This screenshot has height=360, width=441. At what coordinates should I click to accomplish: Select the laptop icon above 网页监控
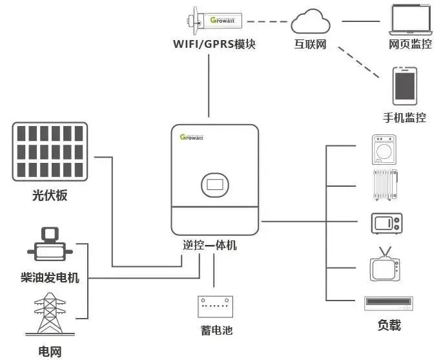410,21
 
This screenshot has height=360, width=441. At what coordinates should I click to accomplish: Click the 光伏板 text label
50,195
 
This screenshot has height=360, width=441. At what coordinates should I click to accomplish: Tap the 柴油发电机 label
50,278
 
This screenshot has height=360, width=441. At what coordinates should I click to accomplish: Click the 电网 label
50,352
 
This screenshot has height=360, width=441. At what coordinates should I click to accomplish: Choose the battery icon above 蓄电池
216,306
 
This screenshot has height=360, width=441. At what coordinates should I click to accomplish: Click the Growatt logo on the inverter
192,137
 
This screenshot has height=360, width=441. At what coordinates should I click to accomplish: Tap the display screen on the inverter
216,184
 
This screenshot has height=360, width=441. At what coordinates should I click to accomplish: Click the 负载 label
389,324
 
